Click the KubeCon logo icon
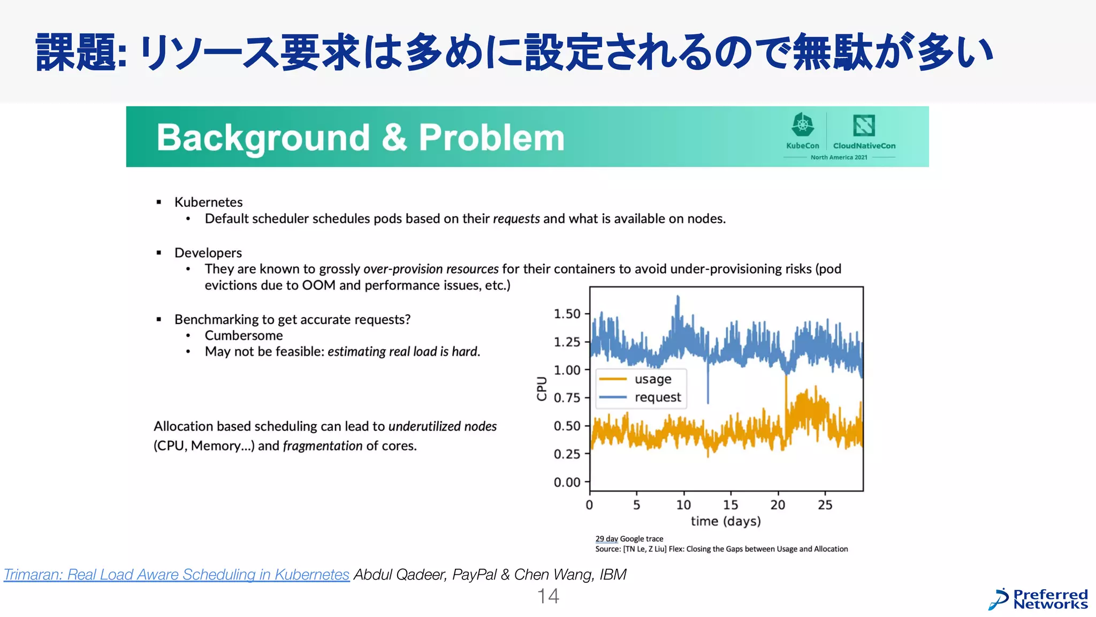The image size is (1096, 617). (x=802, y=125)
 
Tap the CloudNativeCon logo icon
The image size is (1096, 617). (x=864, y=126)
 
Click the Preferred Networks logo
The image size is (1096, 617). (x=1038, y=599)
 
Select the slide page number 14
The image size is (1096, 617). (x=548, y=596)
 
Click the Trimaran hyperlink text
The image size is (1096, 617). (x=177, y=575)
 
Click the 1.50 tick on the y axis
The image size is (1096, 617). (x=567, y=314)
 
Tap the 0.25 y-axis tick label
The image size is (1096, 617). (x=567, y=454)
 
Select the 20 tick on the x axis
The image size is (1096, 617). (x=778, y=505)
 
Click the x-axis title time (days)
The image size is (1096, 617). (x=726, y=521)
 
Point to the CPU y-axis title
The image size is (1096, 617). (x=542, y=388)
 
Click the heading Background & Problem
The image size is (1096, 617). (x=360, y=138)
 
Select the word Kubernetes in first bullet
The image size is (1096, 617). (x=208, y=202)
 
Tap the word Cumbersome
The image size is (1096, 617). (x=243, y=336)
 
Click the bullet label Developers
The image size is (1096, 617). (x=208, y=253)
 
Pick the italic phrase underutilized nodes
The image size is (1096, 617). (x=442, y=426)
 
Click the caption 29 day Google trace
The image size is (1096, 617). (x=629, y=539)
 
